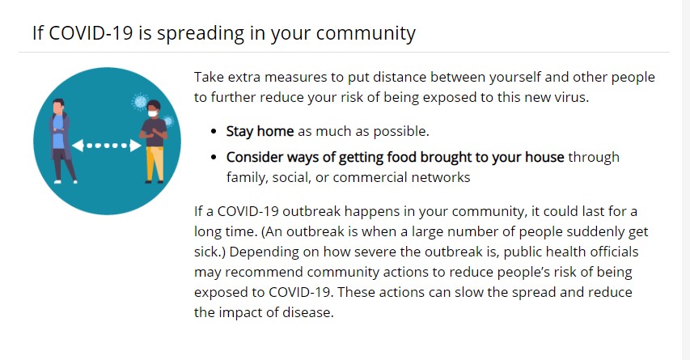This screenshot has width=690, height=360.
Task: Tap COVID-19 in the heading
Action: tap(91, 33)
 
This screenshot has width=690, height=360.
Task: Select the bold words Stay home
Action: tap(260, 132)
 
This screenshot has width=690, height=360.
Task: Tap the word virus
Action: tap(574, 97)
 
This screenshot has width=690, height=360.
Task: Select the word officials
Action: tap(614, 252)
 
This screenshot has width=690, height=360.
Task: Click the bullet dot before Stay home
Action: tap(214, 132)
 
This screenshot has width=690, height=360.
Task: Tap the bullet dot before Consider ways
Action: tap(214, 157)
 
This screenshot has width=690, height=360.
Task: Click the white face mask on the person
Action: tap(152, 113)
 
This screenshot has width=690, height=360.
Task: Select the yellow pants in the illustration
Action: tap(155, 163)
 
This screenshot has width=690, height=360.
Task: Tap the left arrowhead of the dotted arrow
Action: tap(78, 146)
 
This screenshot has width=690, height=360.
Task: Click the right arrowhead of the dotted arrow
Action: tap(136, 146)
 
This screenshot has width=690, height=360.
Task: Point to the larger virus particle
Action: tap(140, 102)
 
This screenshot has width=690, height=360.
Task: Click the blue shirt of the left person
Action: tap(58, 132)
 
